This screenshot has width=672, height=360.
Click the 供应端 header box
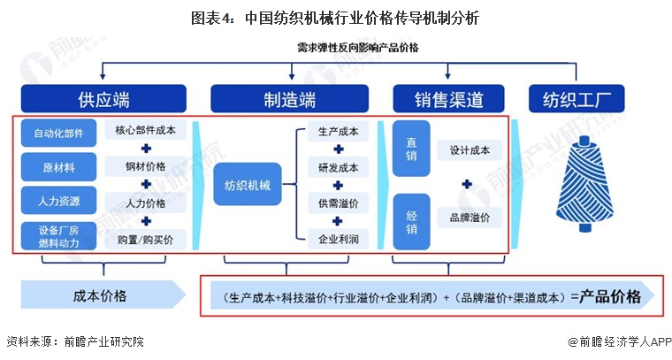click(x=104, y=99)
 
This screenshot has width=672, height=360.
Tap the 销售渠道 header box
click(x=449, y=99)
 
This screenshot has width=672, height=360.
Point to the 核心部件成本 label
click(x=145, y=131)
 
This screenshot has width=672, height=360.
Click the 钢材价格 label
click(x=145, y=166)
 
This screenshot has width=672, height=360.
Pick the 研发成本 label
click(x=338, y=167)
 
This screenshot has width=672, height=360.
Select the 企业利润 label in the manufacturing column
click(x=338, y=239)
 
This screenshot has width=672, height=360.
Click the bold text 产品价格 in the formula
click(x=610, y=297)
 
